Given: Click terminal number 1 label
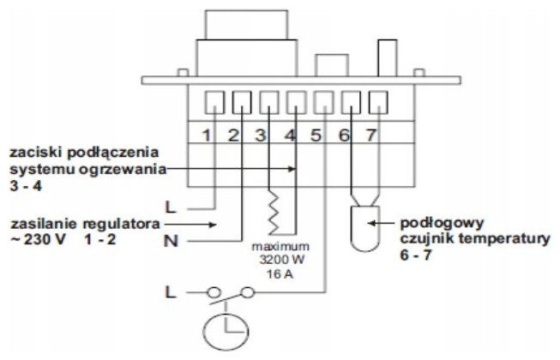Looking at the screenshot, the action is tap(207, 135).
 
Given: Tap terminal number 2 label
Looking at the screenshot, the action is tap(233, 135).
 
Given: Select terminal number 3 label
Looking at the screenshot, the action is tap(261, 135).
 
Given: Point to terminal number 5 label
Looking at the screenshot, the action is tap(316, 135).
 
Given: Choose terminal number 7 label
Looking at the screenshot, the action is tap(371, 135).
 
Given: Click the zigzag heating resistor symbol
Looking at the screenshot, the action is tap(274, 213).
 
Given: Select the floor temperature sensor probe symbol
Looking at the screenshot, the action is tap(364, 229).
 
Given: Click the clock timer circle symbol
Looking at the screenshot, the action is tap(204, 332).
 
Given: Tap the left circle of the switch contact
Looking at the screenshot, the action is tap(214, 293).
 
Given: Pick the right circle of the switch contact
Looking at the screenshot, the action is tap(247, 293).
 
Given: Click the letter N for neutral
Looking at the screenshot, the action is tap(171, 242).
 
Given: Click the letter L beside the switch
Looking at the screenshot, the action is tap(171, 292).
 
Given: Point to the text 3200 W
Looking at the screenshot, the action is tap(282, 260).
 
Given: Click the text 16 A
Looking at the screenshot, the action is tap(280, 274).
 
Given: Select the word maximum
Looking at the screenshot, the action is tap(280, 247).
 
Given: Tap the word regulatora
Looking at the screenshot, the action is tap(122, 224).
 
